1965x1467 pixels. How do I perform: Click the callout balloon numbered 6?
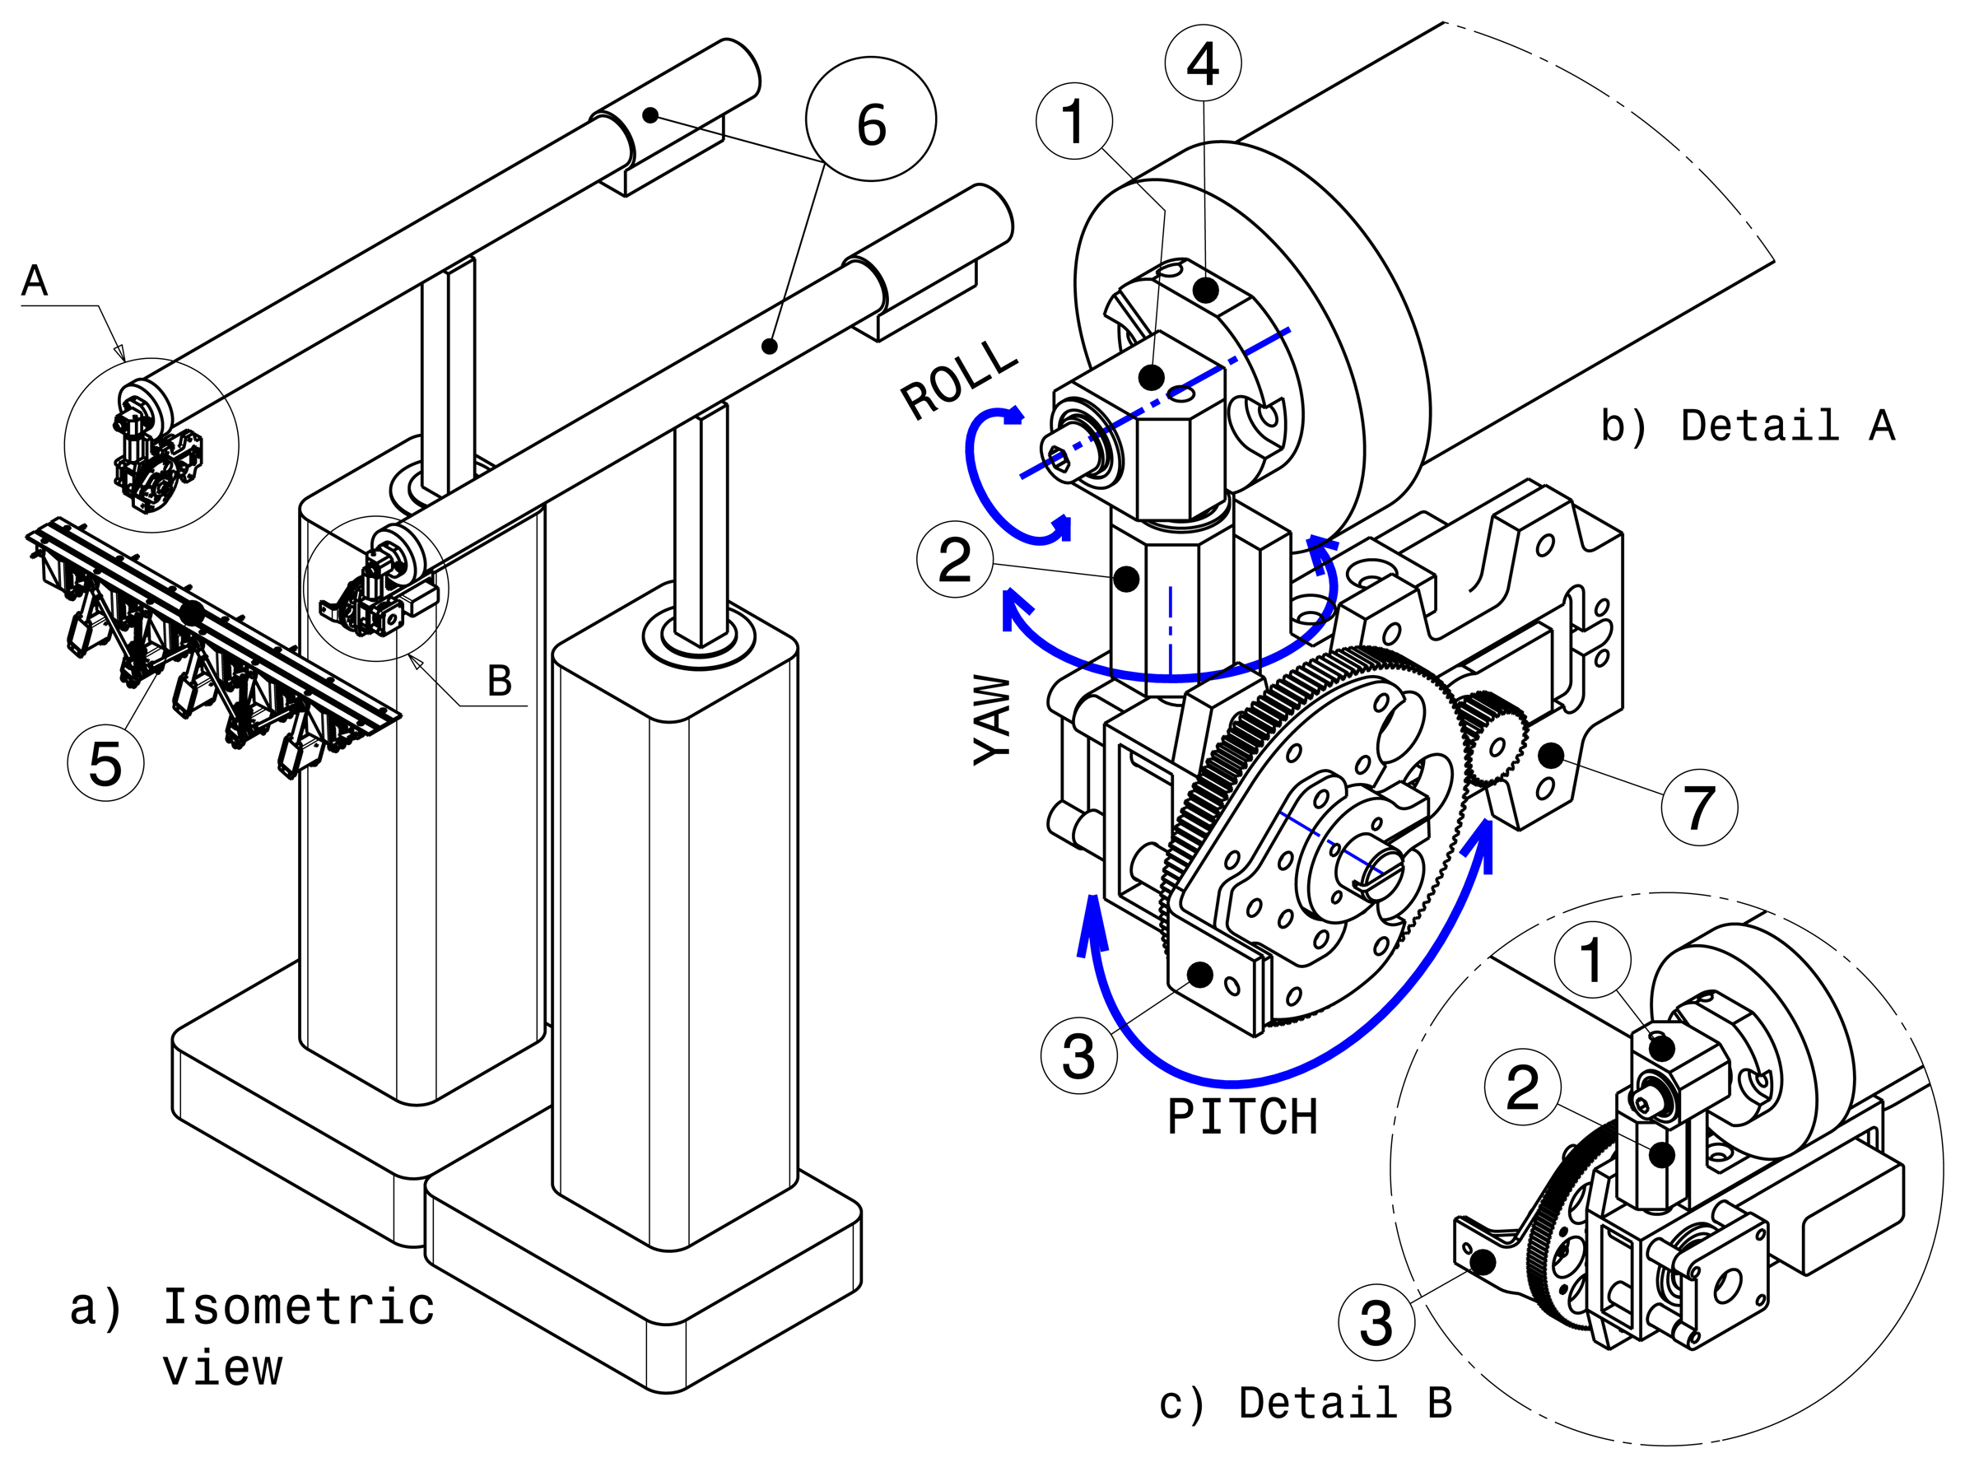pyautogui.click(x=869, y=119)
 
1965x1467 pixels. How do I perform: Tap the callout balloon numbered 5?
pyautogui.click(x=105, y=763)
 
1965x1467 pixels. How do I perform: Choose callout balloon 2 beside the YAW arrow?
pyautogui.click(x=955, y=560)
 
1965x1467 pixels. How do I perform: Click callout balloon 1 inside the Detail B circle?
pyautogui.click(x=1591, y=960)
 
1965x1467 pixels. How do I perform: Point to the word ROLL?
pyautogui.click(x=958, y=380)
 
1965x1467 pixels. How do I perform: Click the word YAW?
pyautogui.click(x=994, y=720)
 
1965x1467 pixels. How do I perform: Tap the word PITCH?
pyautogui.click(x=1241, y=1117)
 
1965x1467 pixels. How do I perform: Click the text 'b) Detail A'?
pyautogui.click(x=1747, y=426)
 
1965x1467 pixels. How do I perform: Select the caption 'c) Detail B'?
pyautogui.click(x=1305, y=1403)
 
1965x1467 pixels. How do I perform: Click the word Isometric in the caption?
pyautogui.click(x=298, y=1306)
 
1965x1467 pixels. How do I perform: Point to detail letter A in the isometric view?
pyautogui.click(x=35, y=281)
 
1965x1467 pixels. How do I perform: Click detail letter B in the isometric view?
pyautogui.click(x=500, y=681)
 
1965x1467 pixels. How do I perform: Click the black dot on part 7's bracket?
pyautogui.click(x=1550, y=756)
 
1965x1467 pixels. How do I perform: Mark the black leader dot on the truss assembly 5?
pyautogui.click(x=190, y=612)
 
